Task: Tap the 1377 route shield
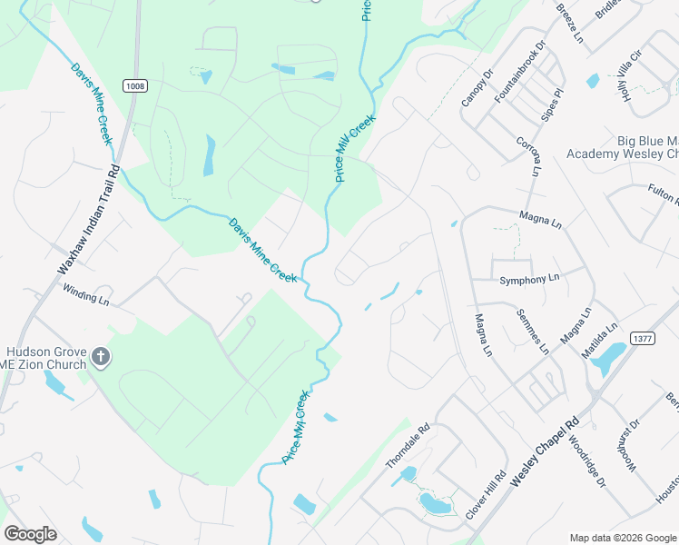pos(642,338)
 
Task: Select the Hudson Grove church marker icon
pos(100,358)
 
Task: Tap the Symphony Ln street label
pos(530,278)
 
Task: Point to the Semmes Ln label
pos(533,332)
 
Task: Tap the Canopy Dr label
pos(476,87)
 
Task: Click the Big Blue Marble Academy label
pos(623,147)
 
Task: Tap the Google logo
pos(31,534)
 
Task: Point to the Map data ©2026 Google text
pos(622,538)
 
